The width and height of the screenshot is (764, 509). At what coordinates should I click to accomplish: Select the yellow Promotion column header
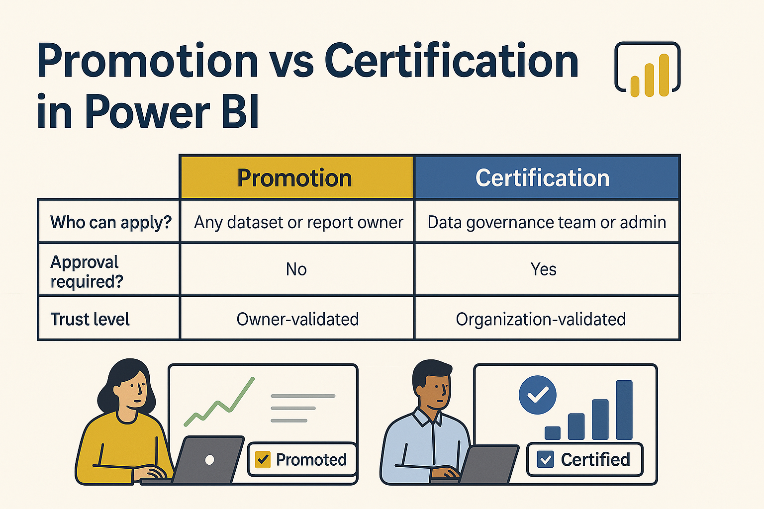tap(296, 178)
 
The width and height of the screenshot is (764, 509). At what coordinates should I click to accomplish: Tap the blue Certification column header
tap(546, 178)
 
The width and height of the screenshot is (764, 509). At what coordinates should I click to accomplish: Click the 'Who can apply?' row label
tap(110, 222)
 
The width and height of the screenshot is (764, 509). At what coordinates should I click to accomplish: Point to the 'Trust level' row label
tap(90, 319)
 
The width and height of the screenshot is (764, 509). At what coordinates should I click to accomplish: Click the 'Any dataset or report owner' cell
tap(298, 222)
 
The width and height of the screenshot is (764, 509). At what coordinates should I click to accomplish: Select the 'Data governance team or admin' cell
tap(546, 222)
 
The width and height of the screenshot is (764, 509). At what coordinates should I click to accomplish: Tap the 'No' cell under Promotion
tap(296, 269)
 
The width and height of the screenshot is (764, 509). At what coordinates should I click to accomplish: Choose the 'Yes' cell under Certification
tap(543, 269)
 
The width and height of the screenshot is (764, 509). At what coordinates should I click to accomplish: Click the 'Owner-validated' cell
tap(297, 319)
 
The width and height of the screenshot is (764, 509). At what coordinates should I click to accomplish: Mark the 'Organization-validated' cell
tap(541, 319)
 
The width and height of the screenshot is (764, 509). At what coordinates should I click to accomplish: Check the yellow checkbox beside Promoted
tap(262, 459)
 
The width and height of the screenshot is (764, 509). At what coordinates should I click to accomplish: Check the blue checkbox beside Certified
tap(546, 459)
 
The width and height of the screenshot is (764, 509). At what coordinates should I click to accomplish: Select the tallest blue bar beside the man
tap(624, 410)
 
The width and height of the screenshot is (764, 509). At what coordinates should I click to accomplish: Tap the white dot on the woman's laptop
tap(209, 460)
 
